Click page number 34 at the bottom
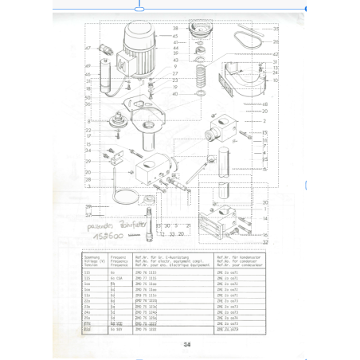[x=186, y=345]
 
